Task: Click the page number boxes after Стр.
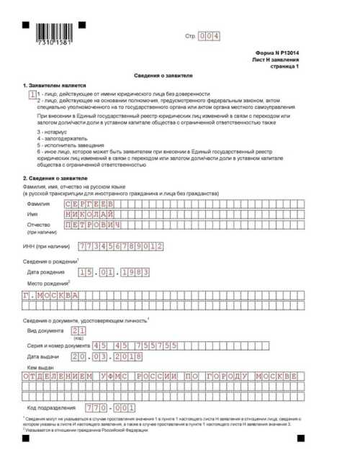209,35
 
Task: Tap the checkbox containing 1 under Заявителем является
32,94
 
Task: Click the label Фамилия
39,184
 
